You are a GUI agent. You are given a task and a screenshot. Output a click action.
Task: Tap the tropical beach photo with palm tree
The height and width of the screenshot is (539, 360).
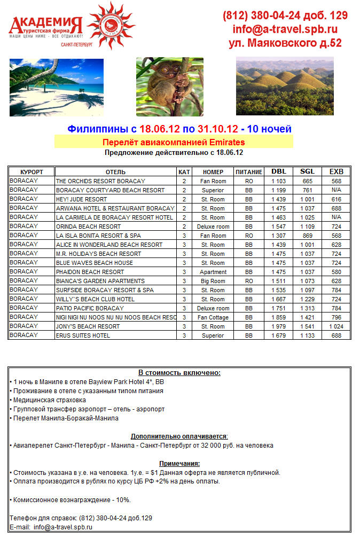[x=56, y=87]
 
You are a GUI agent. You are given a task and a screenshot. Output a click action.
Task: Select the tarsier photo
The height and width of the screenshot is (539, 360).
[x=169, y=86]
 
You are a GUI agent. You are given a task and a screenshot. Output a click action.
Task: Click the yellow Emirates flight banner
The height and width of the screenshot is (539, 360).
[x=174, y=142]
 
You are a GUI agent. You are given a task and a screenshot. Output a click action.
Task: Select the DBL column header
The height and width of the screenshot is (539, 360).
[x=278, y=171]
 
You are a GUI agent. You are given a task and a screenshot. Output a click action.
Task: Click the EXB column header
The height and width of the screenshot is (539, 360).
[x=336, y=171]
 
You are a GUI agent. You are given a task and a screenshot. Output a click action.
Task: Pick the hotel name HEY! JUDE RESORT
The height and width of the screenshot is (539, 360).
[x=81, y=199]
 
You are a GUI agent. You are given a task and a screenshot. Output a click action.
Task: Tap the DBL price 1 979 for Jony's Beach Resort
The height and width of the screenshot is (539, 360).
[x=278, y=326]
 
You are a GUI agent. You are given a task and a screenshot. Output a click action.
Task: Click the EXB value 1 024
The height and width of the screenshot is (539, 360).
[x=336, y=326]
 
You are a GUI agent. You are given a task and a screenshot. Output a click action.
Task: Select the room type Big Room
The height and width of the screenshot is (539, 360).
[x=213, y=281]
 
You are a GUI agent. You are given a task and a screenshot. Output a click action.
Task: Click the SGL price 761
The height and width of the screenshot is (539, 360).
[x=307, y=190]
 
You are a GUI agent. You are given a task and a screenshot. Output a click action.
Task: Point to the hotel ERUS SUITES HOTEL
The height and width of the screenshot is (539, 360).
[x=83, y=335]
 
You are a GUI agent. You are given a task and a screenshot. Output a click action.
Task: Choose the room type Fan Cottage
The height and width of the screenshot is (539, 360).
[x=213, y=317]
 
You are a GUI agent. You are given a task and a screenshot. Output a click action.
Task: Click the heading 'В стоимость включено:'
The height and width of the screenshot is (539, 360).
[x=179, y=373]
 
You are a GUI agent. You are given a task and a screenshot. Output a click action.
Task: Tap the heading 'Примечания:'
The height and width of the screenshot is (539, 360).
[x=179, y=463]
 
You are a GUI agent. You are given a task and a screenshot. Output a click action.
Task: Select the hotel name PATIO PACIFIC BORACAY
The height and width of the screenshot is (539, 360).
[x=90, y=308]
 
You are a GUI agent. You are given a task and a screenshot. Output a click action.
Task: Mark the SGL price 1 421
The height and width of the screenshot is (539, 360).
[x=307, y=317]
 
